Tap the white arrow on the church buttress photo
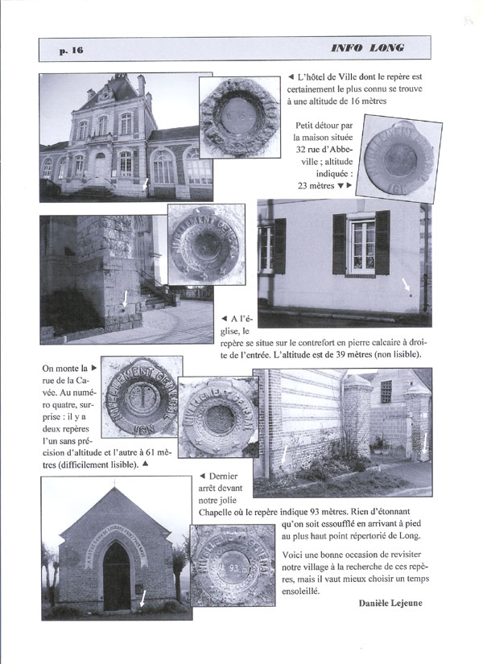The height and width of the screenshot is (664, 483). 124,300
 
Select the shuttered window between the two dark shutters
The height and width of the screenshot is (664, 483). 361,245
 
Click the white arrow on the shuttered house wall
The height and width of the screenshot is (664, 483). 406,283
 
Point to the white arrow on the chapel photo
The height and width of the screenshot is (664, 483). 143,598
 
